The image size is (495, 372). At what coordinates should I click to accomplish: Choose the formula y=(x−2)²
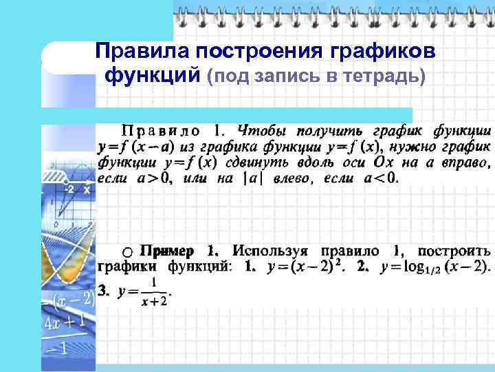[300, 267]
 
